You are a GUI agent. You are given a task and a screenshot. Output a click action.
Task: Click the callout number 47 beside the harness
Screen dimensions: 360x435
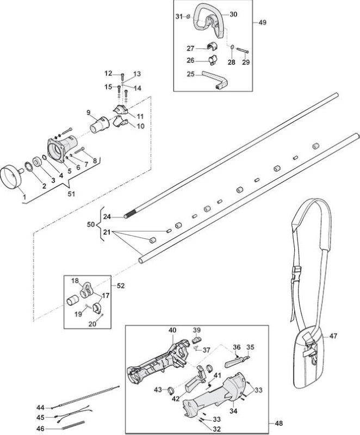[x=333, y=336]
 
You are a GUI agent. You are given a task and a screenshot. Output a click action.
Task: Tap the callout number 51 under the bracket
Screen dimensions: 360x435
[x=71, y=194]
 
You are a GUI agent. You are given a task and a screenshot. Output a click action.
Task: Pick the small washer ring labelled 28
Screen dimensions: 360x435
[x=232, y=48]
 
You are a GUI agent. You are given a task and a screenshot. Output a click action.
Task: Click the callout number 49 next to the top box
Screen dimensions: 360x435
[x=262, y=22]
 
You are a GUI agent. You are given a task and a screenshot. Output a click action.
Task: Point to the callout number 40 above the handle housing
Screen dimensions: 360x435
[x=172, y=331]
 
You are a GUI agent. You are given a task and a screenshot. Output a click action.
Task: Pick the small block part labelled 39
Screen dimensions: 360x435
[x=196, y=339]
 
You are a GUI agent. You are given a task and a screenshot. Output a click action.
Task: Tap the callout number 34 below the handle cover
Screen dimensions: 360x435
[x=233, y=411]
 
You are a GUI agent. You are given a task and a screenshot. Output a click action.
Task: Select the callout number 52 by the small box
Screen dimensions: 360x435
[x=120, y=285]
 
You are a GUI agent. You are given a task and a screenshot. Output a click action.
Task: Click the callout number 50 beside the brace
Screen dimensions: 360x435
[x=91, y=225]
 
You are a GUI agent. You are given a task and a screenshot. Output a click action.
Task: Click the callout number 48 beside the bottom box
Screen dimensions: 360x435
[x=278, y=423]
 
